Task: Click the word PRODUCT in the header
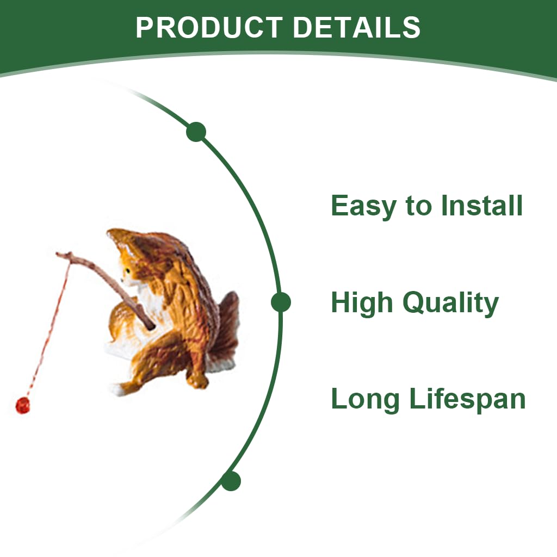point(209,27)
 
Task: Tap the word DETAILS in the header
point(357,27)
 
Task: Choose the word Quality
point(451,304)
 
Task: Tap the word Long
point(365,400)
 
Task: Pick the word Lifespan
point(467,400)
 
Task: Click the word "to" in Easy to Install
point(419,206)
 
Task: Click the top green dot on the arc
point(196,132)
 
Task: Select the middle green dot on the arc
point(281,302)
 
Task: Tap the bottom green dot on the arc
point(231,481)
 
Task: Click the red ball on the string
point(23,406)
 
